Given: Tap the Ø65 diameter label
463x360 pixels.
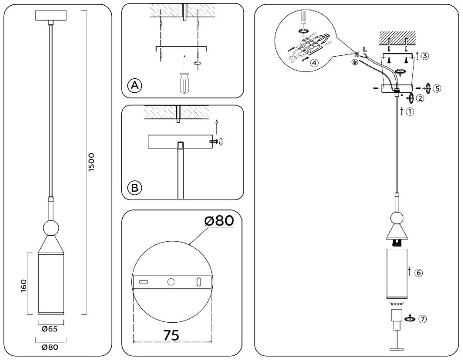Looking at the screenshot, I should point(50,328).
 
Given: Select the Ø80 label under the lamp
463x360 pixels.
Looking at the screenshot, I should point(50,347).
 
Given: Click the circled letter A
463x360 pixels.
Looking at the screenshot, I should point(135,85).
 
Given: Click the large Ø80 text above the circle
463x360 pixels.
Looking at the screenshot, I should point(219,221).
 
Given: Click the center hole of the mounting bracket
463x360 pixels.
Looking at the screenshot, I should point(171,282).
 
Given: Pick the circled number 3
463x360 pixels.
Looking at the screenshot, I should point(425,55).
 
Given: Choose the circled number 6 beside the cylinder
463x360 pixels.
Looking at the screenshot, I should point(418,273).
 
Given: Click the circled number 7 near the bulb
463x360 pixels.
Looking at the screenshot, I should point(421,319).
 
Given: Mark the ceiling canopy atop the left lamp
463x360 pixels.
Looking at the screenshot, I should point(50,15).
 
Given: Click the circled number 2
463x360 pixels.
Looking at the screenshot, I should point(420,98).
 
